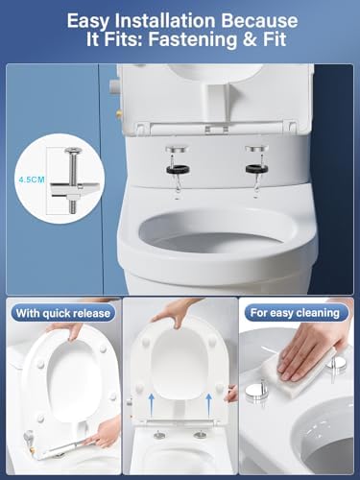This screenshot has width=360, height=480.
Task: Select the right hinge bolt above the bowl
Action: (257, 157)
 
